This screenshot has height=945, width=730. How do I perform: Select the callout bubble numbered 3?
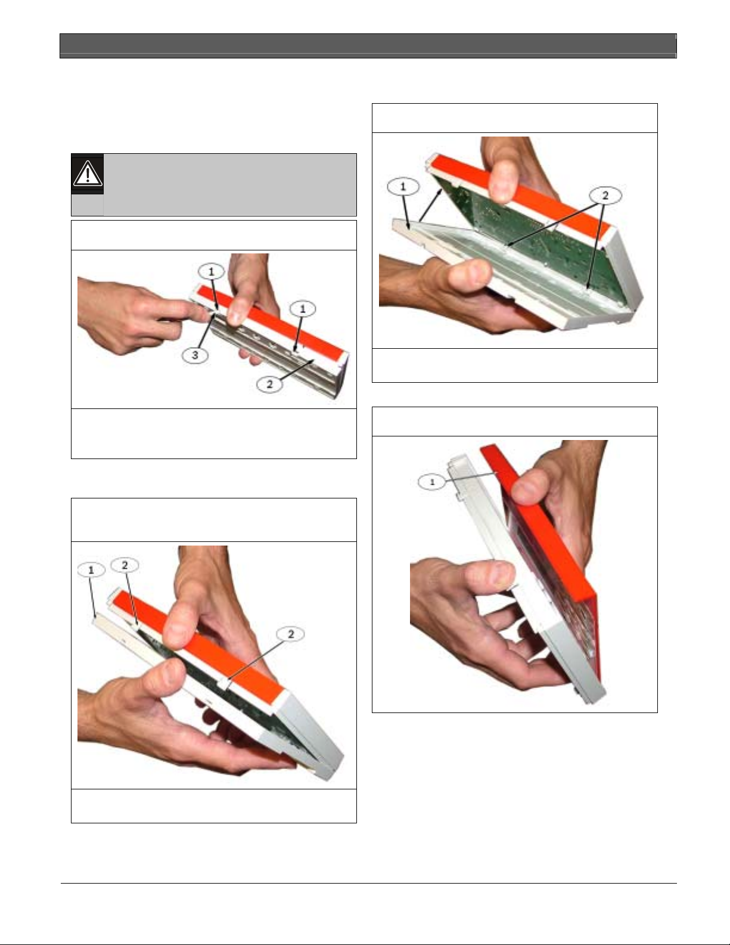point(195,355)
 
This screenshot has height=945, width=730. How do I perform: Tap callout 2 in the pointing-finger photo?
point(269,384)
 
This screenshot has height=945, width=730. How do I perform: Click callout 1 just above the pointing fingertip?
point(211,272)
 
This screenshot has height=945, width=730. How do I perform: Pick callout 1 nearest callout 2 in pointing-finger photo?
point(303,309)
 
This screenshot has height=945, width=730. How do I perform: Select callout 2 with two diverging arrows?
point(605,196)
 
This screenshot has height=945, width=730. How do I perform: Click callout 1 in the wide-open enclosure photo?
point(403,187)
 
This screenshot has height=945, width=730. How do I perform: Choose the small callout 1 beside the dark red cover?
point(432,482)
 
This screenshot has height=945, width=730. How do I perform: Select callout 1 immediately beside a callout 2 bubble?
point(91,570)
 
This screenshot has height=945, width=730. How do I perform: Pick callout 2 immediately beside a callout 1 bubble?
point(125,565)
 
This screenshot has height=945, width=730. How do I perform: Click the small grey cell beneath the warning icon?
point(88,205)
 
